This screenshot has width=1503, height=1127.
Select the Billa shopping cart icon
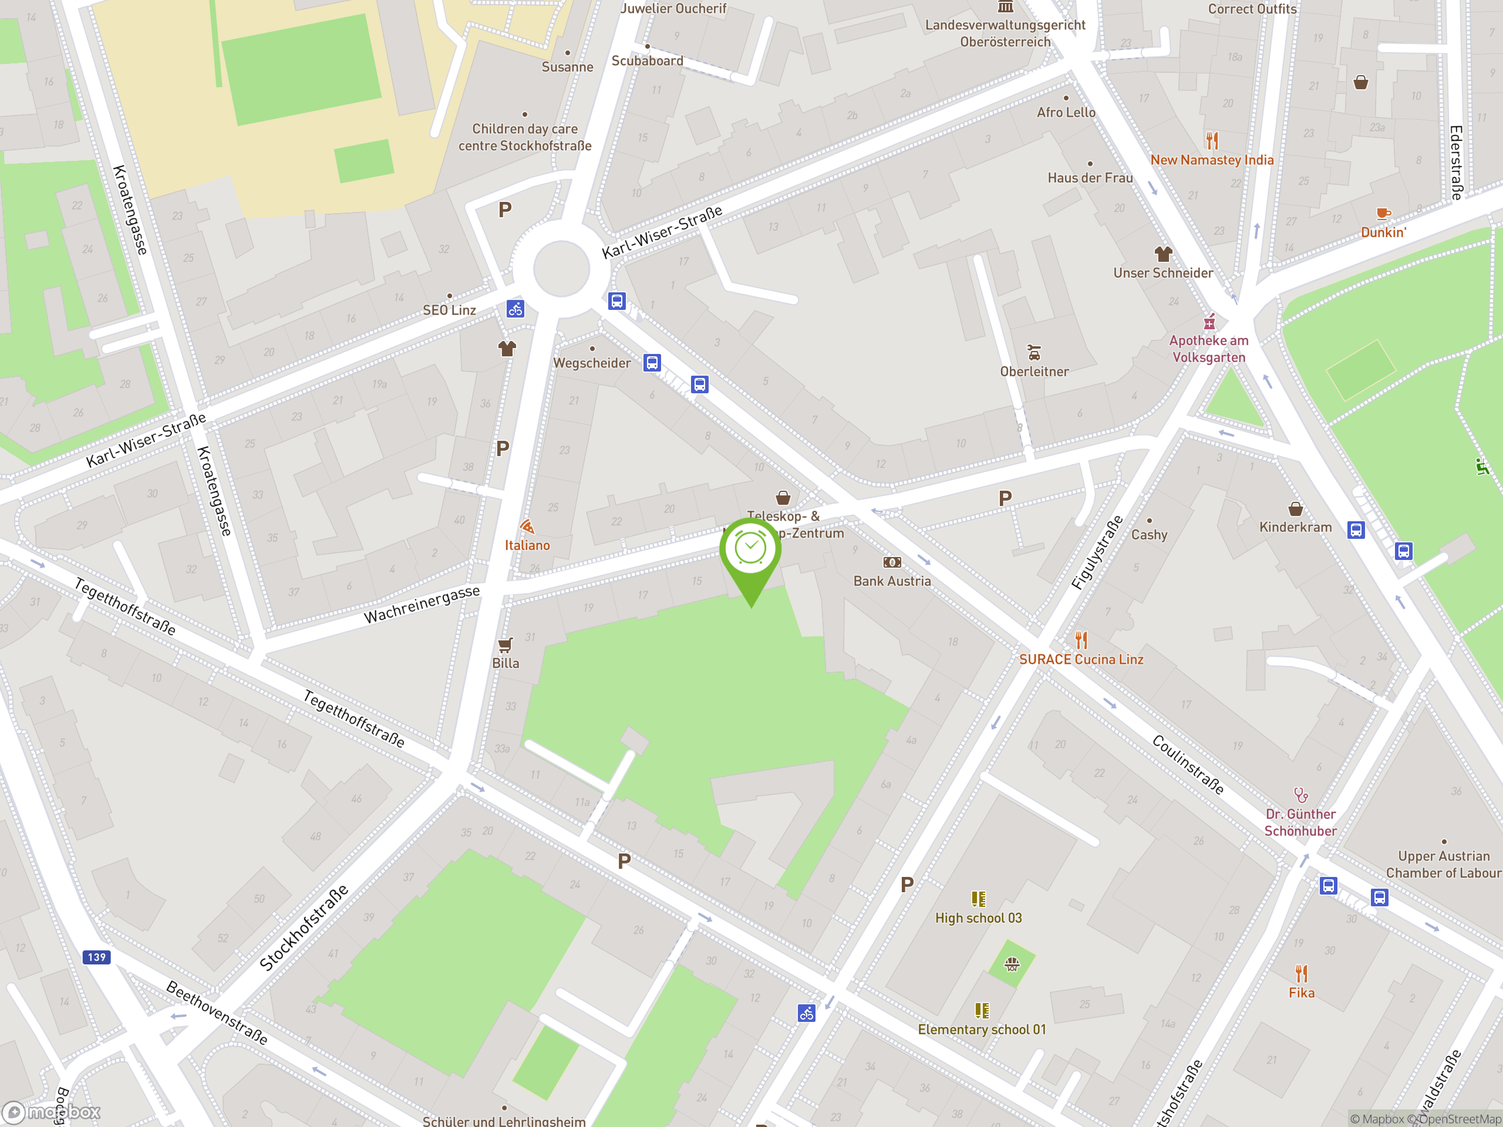[x=505, y=644]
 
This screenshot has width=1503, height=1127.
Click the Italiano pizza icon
[x=527, y=527]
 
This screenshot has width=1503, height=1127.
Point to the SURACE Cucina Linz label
[x=1080, y=659]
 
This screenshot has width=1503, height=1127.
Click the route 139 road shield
[x=96, y=957]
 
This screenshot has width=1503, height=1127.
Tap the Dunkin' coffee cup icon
[x=1383, y=214]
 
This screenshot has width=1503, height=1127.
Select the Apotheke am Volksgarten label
[x=1209, y=349]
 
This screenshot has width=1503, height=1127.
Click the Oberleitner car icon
[x=1033, y=353]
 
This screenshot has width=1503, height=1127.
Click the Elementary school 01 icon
[x=981, y=1010]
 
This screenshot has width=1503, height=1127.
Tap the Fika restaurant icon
[x=1300, y=973]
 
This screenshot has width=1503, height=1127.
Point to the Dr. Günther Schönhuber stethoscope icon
[x=1300, y=794]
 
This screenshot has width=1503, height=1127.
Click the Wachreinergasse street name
[x=422, y=604]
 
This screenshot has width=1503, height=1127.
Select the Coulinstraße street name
[x=1188, y=764]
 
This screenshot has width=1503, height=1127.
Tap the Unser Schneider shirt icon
[x=1162, y=254]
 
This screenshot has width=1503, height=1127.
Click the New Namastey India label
[x=1212, y=160]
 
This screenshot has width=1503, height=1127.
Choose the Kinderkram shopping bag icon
[x=1295, y=509]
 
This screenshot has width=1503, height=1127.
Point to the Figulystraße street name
[x=1097, y=552]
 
